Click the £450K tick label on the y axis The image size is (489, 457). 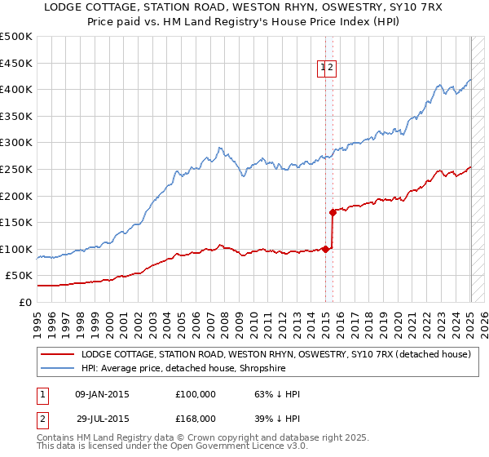pos(16,63)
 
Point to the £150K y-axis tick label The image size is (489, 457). pos(16,222)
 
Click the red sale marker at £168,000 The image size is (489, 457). pos(333,212)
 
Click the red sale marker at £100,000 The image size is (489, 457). pos(325,249)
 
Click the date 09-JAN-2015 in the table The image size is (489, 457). pos(102,394)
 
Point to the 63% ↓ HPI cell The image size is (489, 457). pos(277,394)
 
